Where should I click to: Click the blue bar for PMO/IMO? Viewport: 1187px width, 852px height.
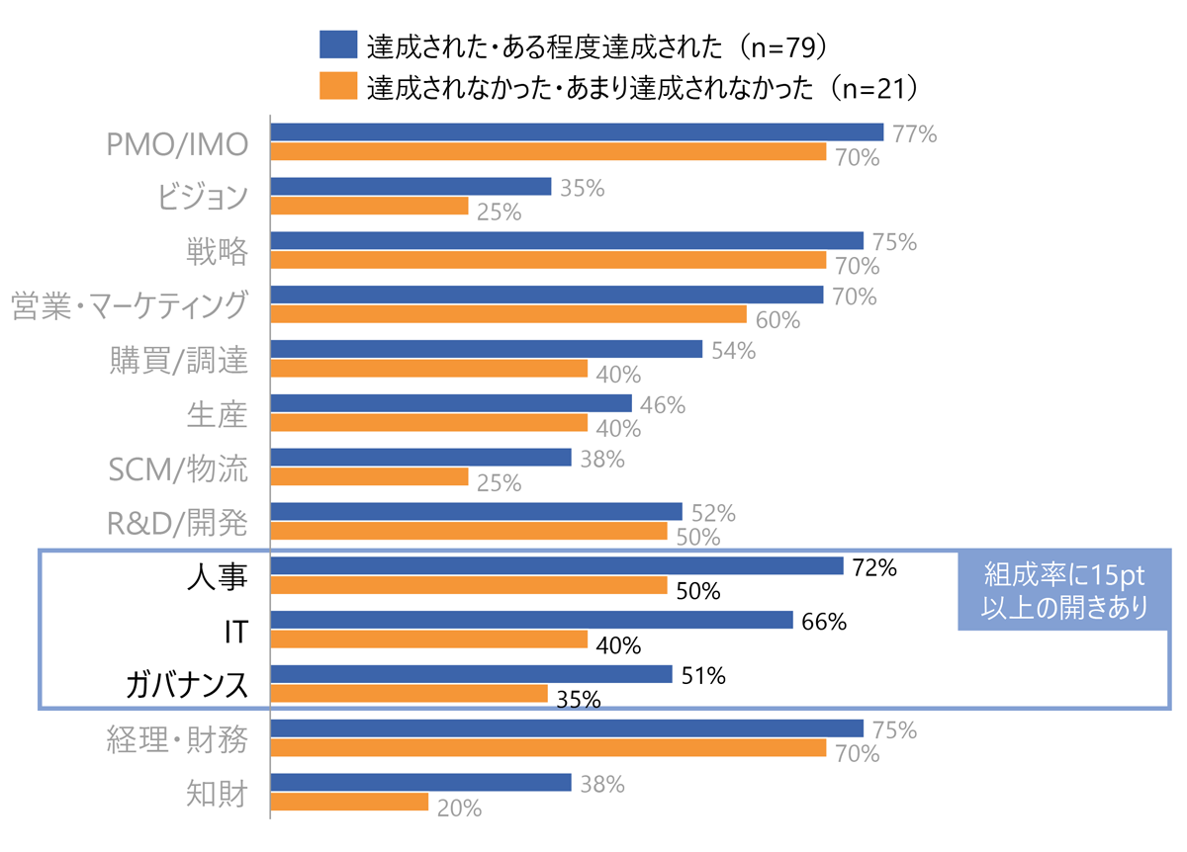tap(577, 131)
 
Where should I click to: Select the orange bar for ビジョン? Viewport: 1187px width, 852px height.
tap(369, 206)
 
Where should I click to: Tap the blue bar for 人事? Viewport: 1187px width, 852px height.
tap(557, 565)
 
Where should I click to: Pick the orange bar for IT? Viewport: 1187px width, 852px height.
tap(429, 639)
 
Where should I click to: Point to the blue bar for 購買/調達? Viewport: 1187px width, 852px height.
tap(486, 349)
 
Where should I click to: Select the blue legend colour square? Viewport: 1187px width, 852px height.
tap(337, 44)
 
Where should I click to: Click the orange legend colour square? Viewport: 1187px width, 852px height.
tap(337, 86)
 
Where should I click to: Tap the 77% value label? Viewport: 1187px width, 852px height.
tap(914, 134)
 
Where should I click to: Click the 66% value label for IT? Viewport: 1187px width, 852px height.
tap(824, 622)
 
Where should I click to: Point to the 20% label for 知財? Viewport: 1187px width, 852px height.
tap(459, 809)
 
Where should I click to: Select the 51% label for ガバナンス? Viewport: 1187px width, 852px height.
tap(703, 676)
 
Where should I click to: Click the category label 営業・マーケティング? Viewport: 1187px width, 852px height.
tap(129, 305)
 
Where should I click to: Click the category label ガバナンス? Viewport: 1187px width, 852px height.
tap(186, 684)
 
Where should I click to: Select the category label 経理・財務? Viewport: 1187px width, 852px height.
tap(177, 739)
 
